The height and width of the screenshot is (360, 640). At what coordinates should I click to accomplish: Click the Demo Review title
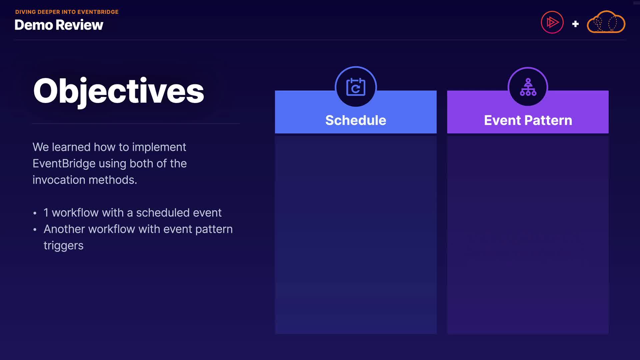tap(59, 25)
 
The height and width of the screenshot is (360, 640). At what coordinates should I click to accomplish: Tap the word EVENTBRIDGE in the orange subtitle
tap(98, 12)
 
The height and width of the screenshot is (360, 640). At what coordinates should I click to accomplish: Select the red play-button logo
tap(552, 22)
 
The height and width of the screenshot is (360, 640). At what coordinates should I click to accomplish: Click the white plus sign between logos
tap(575, 24)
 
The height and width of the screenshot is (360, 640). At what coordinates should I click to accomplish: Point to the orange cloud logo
tap(606, 22)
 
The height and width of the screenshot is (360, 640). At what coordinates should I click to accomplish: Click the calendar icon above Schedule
tap(356, 87)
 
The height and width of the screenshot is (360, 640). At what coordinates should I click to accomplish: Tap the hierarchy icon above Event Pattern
tap(528, 87)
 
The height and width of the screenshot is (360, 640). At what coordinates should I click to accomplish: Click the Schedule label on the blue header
tap(356, 120)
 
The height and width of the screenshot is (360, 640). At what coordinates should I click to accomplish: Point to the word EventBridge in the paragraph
tap(64, 164)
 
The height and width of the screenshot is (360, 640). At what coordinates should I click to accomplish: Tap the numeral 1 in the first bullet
tap(46, 213)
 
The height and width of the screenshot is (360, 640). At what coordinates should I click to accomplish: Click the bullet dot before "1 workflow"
tap(35, 213)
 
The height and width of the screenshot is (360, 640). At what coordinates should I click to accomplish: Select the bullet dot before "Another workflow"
tap(35, 230)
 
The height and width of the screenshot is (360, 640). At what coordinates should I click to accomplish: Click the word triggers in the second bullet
tap(63, 246)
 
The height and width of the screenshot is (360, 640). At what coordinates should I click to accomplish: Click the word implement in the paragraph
tap(159, 147)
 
